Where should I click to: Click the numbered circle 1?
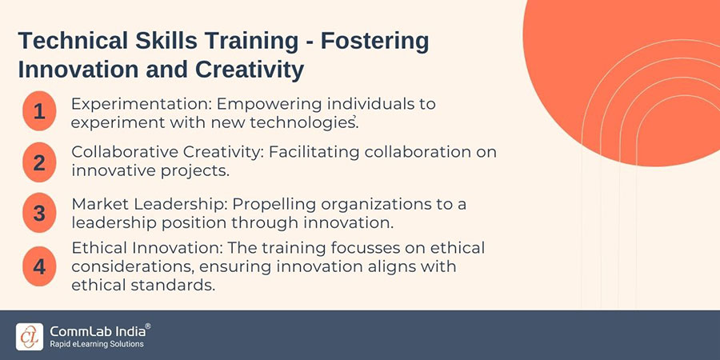click(39, 111)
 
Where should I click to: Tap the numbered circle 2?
click(39, 162)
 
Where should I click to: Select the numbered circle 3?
click(39, 213)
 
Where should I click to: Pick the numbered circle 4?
click(39, 266)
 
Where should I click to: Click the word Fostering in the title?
click(374, 42)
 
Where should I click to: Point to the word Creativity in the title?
click(250, 70)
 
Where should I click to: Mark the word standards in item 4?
click(173, 285)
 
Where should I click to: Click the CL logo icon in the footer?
click(30, 337)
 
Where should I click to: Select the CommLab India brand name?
click(97, 331)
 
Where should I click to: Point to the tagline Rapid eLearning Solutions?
click(97, 344)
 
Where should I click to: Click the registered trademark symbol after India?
click(148, 326)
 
